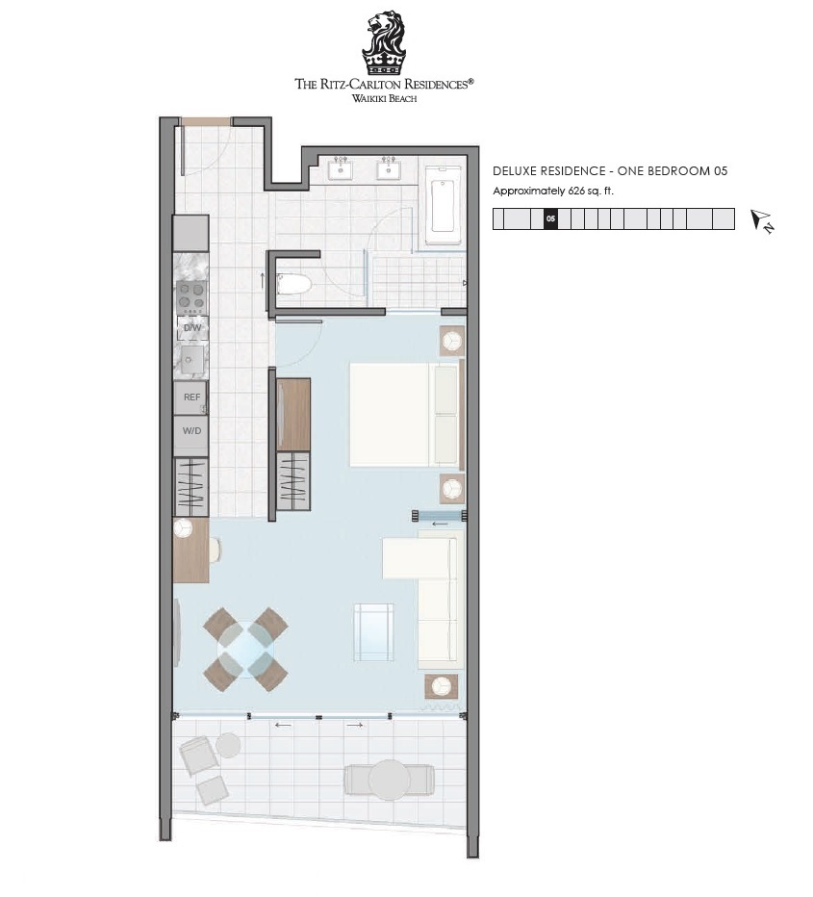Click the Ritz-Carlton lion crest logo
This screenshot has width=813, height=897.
tap(384, 43)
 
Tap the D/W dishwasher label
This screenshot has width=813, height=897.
tap(192, 328)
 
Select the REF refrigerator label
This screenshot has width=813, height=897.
tap(192, 397)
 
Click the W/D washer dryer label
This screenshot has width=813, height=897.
tap(192, 431)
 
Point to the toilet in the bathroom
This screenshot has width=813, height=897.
tap(293, 284)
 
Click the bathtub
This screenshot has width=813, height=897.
tap(443, 205)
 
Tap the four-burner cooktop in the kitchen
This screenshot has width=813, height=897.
tap(191, 296)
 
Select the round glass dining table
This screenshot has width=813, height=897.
tap(246, 650)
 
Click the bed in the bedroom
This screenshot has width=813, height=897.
tap(405, 414)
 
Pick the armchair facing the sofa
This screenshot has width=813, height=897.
tap(373, 631)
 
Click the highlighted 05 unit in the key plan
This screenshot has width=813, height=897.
tap(550, 218)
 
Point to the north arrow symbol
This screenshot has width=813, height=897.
tap(762, 220)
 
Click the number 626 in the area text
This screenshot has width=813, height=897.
tap(576, 192)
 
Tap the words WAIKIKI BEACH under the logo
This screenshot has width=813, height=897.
tap(384, 98)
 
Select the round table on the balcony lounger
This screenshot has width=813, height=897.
tap(390, 780)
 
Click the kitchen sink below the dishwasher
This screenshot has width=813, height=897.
tap(191, 360)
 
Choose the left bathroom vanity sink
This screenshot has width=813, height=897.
tap(341, 169)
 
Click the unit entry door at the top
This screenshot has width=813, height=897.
tap(206, 121)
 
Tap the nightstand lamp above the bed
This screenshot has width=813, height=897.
tap(452, 342)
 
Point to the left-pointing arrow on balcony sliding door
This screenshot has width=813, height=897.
tap(283, 726)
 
